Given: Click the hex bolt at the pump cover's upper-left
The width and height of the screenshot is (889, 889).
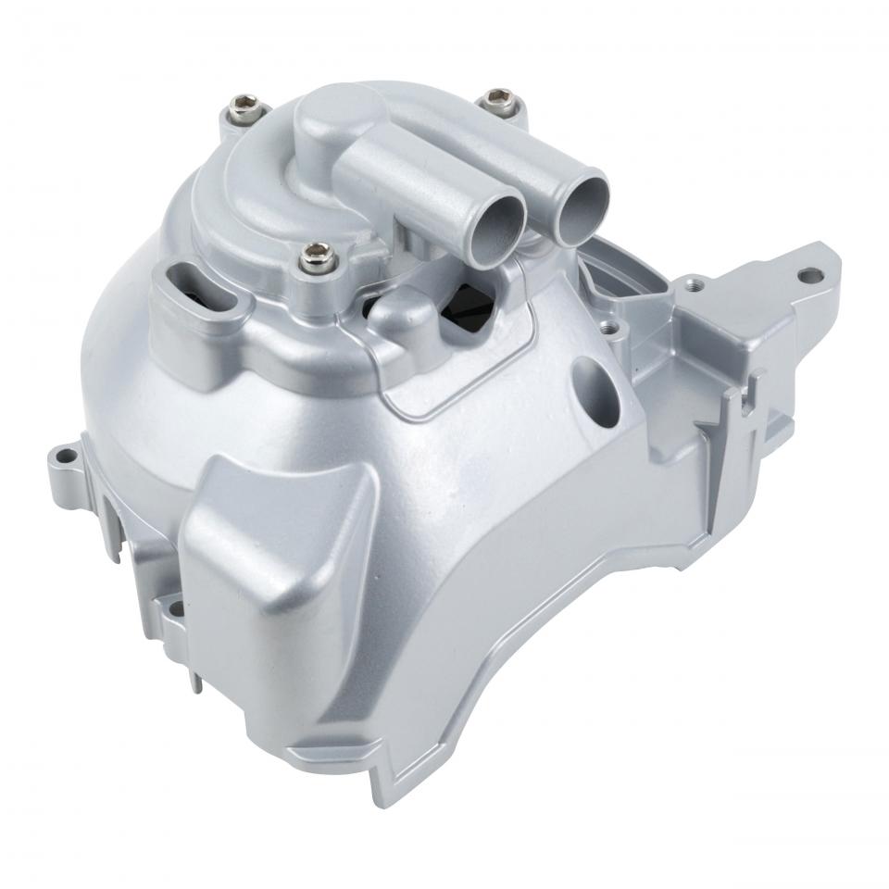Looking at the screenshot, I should (244, 105).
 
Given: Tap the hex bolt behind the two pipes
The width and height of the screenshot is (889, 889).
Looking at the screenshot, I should (500, 98).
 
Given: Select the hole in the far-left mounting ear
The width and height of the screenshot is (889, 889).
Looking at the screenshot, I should (66, 456).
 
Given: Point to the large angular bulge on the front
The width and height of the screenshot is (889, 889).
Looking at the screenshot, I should (278, 546).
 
